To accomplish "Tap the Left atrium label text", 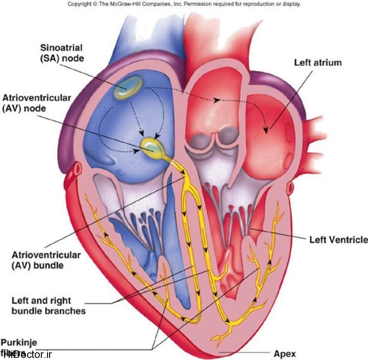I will pyautogui.click(x=317, y=63).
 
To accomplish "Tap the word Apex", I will pyautogui.click(x=284, y=353).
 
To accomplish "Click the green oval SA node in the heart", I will pyautogui.click(x=128, y=87).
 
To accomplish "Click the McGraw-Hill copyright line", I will pyautogui.click(x=183, y=4).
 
